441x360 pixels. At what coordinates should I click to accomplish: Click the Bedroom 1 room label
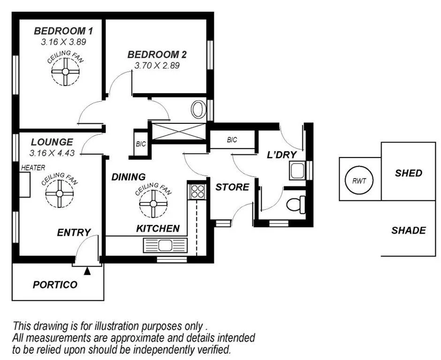tap(63, 31)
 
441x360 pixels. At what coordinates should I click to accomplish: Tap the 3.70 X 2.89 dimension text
tap(157, 66)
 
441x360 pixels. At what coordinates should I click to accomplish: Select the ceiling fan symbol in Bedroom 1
tap(65, 72)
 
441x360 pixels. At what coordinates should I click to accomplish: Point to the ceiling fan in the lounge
tap(59, 194)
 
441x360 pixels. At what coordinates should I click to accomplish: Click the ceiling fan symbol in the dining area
tap(153, 203)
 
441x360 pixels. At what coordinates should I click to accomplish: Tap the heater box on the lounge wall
tap(24, 185)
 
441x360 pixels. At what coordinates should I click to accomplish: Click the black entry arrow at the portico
tap(87, 271)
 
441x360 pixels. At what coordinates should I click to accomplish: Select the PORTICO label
tap(55, 285)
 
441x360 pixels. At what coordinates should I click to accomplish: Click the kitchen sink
tap(165, 245)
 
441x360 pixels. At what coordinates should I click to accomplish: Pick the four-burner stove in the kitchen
tap(198, 191)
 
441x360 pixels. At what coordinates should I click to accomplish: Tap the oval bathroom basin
tap(198, 109)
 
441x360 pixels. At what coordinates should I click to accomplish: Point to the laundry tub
tap(297, 171)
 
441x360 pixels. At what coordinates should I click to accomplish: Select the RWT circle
tap(359, 180)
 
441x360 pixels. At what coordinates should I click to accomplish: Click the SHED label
tap(408, 173)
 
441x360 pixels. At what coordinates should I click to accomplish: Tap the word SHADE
tap(408, 231)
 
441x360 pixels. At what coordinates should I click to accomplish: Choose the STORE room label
tap(232, 187)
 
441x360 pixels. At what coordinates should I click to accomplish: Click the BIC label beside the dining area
tap(141, 144)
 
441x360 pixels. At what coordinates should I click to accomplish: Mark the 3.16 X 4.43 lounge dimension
tap(52, 153)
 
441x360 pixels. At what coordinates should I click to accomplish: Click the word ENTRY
tap(74, 232)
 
